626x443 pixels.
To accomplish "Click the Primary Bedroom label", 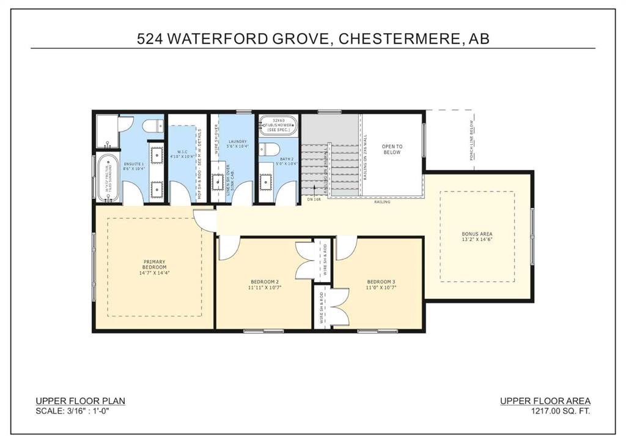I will click(154, 265).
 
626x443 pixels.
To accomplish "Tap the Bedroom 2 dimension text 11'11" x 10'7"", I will click(263, 287).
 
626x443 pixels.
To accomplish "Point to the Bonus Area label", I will click(477, 234).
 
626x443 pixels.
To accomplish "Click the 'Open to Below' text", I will click(392, 149).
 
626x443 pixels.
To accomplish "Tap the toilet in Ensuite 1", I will click(152, 126).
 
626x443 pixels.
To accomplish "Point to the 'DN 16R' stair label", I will click(314, 199).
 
